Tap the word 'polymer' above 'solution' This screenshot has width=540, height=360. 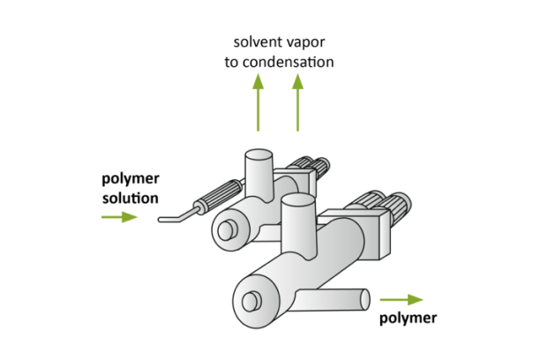(x=130, y=180)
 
